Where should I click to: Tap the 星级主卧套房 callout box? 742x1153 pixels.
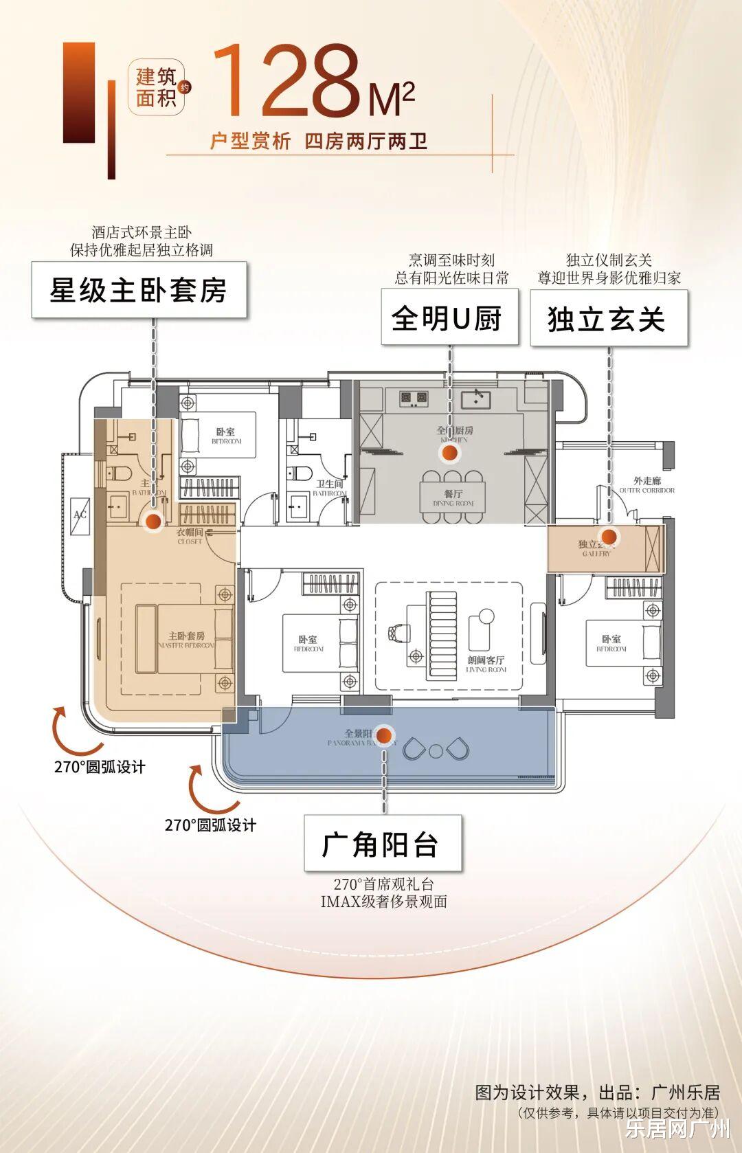click(x=139, y=289)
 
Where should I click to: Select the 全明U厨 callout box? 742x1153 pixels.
click(x=449, y=317)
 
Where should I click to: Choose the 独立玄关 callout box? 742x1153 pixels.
click(x=608, y=318)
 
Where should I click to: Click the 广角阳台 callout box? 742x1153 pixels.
click(x=382, y=844)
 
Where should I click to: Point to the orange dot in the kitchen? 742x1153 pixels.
click(x=449, y=452)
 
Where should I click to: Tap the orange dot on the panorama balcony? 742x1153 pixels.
click(x=384, y=736)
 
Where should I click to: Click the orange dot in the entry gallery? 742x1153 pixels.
click(x=608, y=537)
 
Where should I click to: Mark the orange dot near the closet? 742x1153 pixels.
click(x=153, y=522)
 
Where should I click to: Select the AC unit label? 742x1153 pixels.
click(x=80, y=514)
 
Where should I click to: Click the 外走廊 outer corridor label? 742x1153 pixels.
click(x=647, y=485)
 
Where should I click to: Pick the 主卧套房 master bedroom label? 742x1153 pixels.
click(x=186, y=640)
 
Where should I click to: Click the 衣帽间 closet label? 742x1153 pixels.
click(x=190, y=536)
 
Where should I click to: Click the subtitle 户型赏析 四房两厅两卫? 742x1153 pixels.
click(x=319, y=142)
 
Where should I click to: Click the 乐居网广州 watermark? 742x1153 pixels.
click(x=677, y=1129)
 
